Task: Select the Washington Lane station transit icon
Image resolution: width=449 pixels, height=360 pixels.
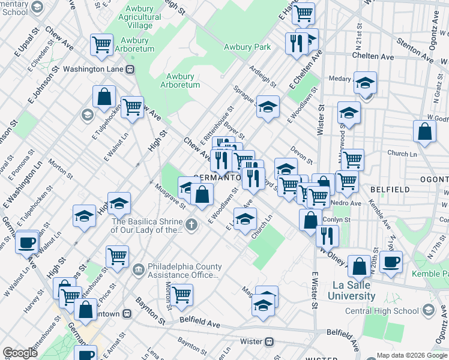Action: click(129, 69)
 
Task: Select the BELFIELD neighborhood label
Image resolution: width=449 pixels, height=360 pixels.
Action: click(390, 190)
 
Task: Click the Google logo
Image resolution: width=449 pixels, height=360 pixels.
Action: click(20, 353)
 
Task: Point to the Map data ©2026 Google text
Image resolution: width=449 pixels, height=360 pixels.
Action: click(411, 355)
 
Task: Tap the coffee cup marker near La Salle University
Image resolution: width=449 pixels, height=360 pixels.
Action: click(391, 262)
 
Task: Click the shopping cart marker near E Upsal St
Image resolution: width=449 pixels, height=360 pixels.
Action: click(102, 44)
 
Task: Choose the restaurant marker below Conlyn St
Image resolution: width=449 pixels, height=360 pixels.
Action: click(327, 235)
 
